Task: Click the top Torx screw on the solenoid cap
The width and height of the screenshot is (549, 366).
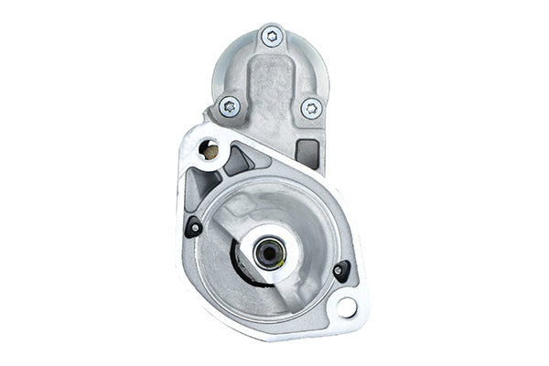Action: [x=272, y=37]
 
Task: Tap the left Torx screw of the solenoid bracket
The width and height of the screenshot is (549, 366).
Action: [x=230, y=106]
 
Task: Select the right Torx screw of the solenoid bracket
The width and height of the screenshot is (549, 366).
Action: [x=311, y=108]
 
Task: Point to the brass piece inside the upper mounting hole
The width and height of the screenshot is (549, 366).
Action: [x=209, y=152]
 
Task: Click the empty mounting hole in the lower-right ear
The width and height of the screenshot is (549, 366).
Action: [x=347, y=307]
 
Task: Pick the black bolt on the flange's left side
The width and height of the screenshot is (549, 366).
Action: [x=194, y=228]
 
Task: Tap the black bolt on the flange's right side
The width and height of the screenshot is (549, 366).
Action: [x=341, y=270]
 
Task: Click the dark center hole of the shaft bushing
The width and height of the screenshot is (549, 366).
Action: [x=268, y=253]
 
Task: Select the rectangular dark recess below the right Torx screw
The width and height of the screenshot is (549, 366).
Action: [x=308, y=153]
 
